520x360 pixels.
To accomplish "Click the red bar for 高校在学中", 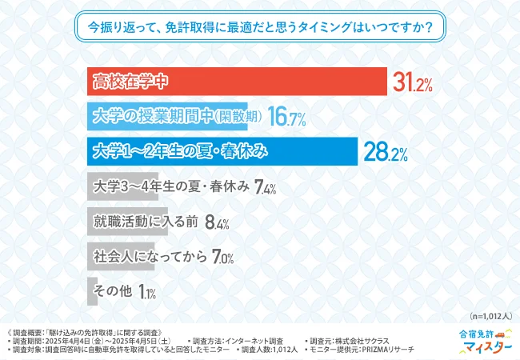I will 237,81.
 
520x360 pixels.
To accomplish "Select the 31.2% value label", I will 412,82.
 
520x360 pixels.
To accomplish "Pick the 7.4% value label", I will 265,189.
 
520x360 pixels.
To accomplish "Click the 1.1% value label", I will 146,294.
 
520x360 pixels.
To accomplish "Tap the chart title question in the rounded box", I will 260,28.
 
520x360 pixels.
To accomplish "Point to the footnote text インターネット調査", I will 254,340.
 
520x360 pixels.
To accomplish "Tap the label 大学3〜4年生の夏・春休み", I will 170,188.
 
